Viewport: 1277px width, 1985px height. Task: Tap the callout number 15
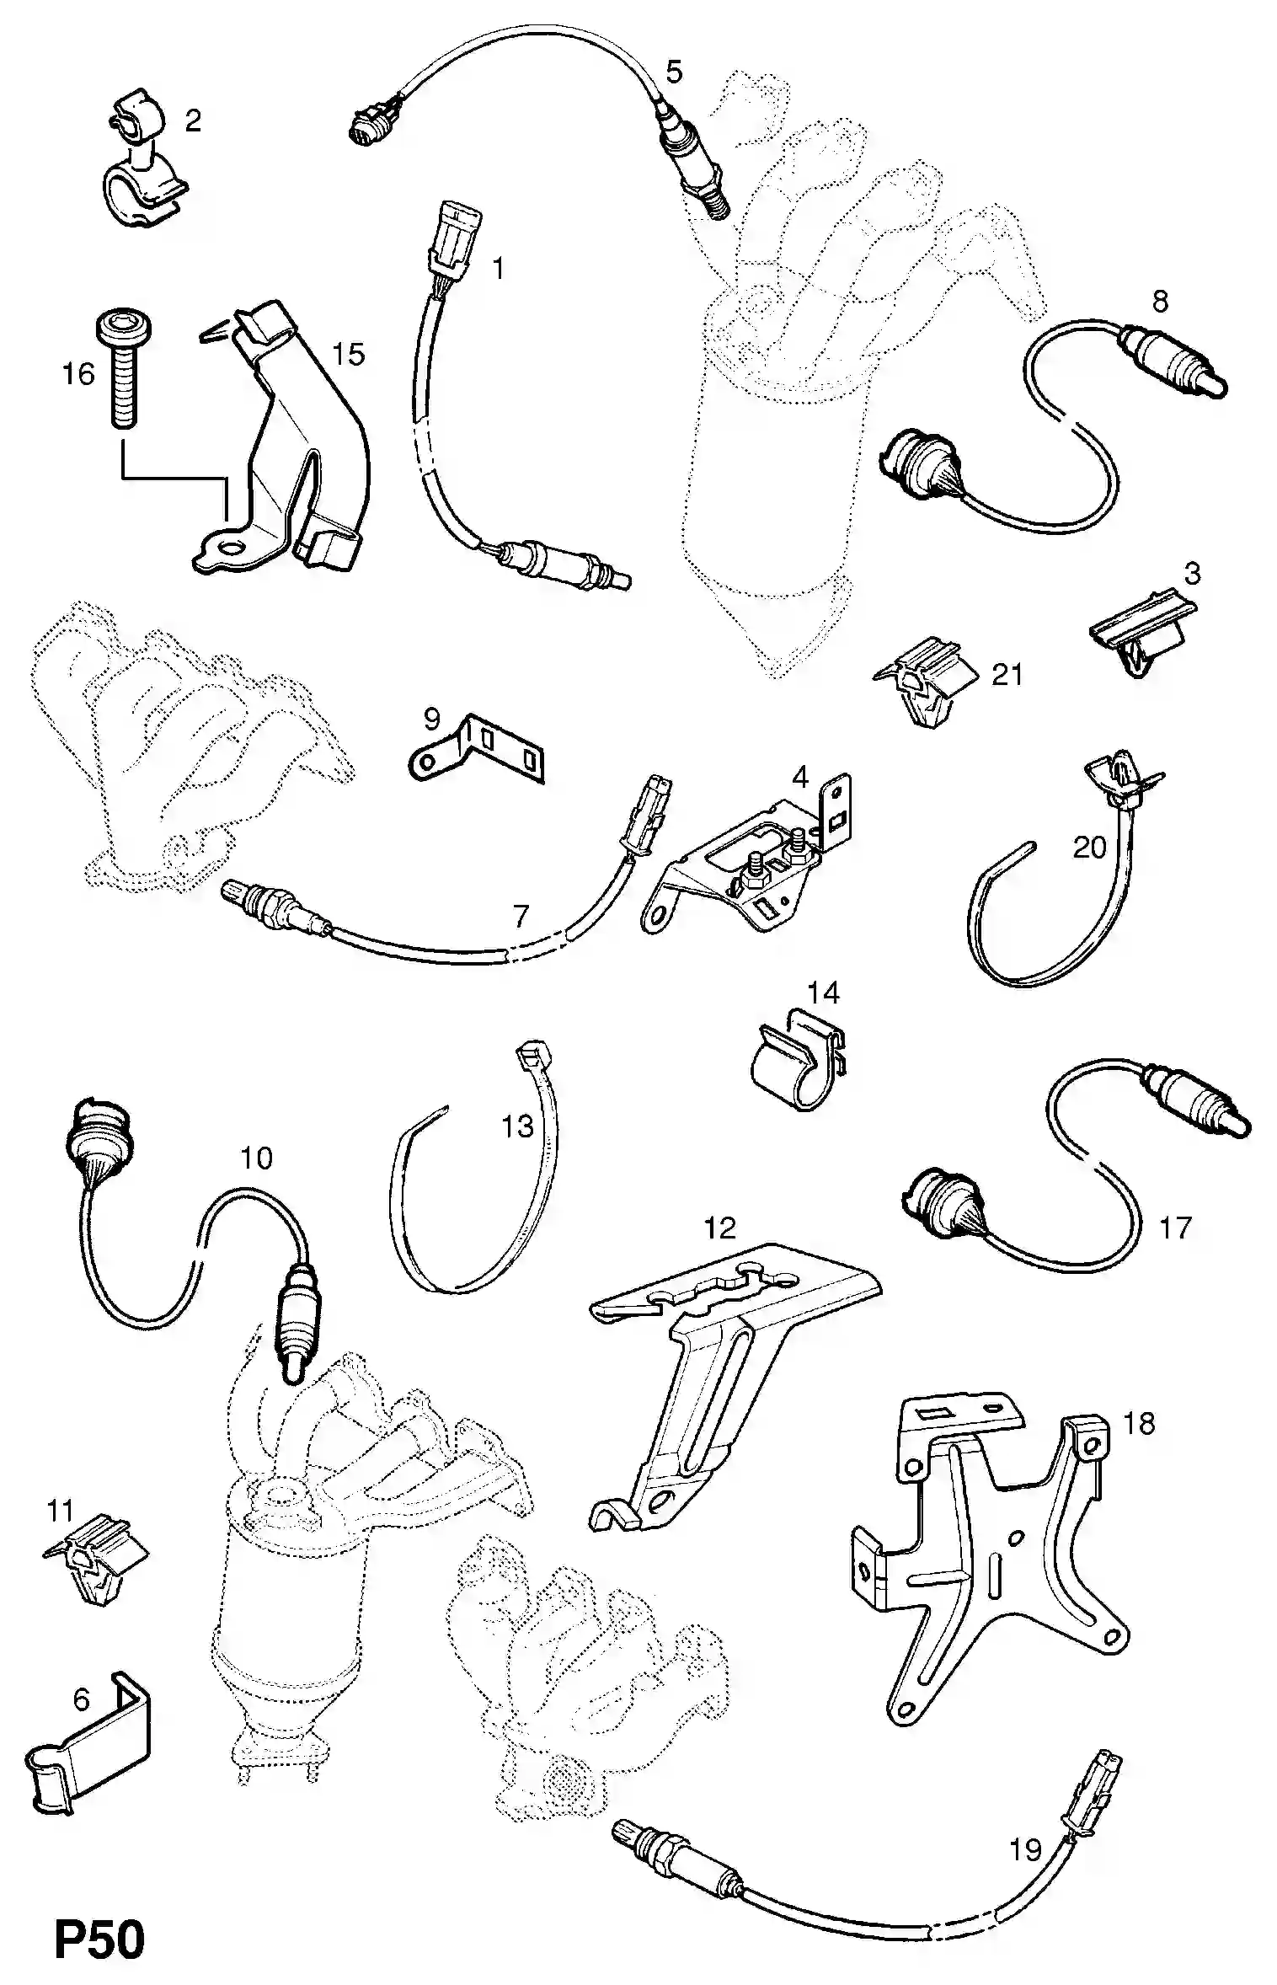click(348, 354)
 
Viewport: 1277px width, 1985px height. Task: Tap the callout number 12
click(719, 1228)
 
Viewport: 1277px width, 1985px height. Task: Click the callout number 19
click(1025, 1850)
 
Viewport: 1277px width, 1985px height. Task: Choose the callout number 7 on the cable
click(521, 916)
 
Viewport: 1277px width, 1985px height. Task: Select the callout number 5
click(674, 72)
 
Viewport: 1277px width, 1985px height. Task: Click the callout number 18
click(1139, 1424)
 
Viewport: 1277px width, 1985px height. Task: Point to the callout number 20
click(1088, 847)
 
